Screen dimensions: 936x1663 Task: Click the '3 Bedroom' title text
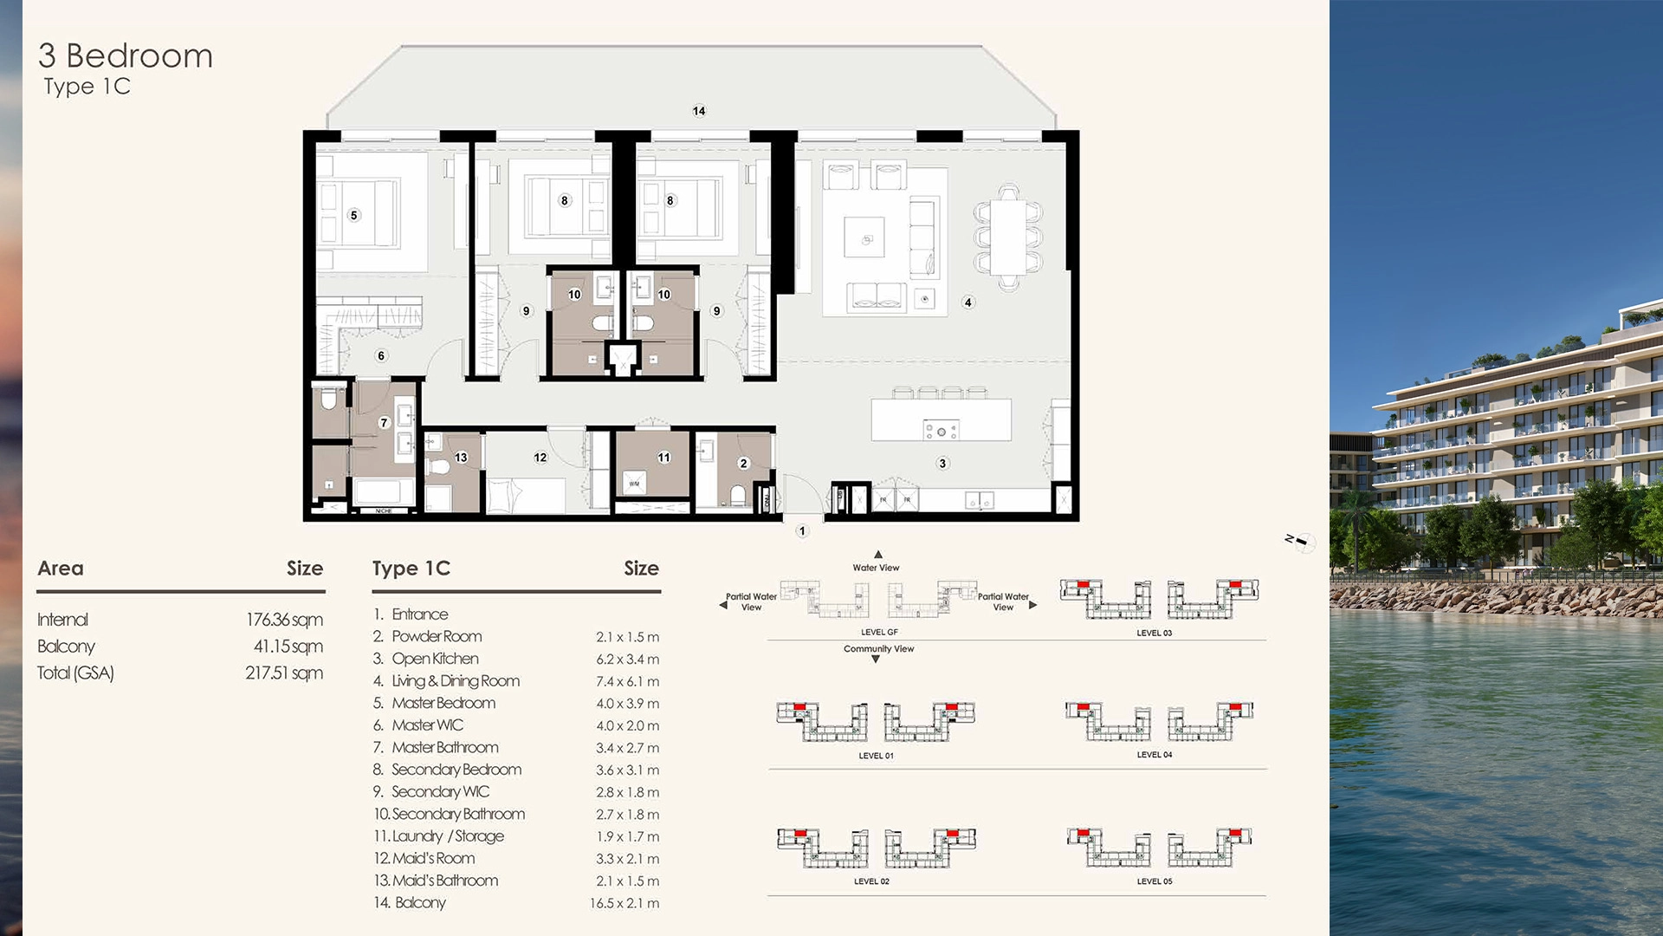[x=126, y=56]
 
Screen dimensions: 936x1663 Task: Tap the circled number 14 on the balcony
[x=699, y=111]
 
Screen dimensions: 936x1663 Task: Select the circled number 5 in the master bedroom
[x=353, y=215]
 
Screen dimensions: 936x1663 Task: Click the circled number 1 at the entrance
[x=802, y=531]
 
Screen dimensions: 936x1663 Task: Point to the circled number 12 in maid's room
[x=540, y=458]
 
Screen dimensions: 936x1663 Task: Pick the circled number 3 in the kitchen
[x=942, y=464]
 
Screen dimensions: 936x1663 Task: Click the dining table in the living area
[x=1007, y=237]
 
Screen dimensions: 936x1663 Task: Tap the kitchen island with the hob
[x=941, y=420]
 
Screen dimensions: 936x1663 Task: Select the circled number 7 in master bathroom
[x=385, y=423]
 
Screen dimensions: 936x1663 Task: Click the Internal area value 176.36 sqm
[x=284, y=620]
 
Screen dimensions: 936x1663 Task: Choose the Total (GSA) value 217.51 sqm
[x=283, y=673]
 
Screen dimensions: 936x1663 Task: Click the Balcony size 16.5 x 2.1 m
[x=624, y=903]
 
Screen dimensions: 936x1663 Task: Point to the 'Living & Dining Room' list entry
[x=455, y=681]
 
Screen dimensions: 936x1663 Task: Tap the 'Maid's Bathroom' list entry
[x=444, y=881]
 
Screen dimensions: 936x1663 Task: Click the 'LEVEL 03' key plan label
[x=1154, y=634]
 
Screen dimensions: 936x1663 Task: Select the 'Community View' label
[x=878, y=649]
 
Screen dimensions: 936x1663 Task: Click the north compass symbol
[x=1301, y=542]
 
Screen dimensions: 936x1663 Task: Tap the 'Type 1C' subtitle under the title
[x=87, y=87]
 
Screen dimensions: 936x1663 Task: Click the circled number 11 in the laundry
[x=663, y=458]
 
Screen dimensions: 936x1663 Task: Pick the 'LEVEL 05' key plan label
[x=1154, y=881]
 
